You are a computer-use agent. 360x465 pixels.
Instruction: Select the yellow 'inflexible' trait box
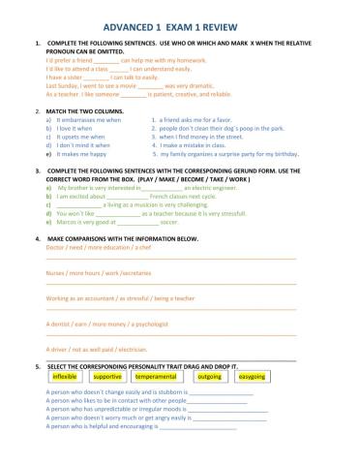click(65, 376)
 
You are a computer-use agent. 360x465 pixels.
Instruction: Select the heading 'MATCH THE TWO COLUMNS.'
click(87, 110)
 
